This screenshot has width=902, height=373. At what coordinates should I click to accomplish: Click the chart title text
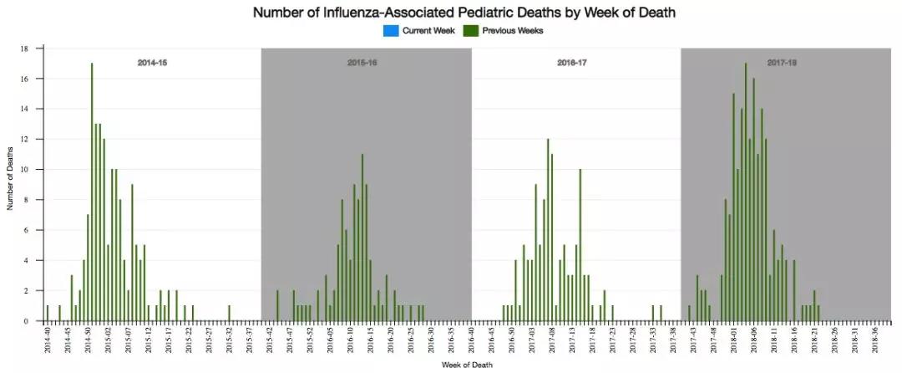pyautogui.click(x=464, y=13)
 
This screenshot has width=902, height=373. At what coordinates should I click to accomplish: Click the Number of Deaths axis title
pyautogui.click(x=11, y=184)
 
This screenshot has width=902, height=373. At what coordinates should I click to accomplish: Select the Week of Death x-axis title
pyautogui.click(x=467, y=364)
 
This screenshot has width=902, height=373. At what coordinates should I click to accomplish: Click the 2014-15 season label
pyautogui.click(x=152, y=63)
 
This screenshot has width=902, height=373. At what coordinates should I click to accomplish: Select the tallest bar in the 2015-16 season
pyautogui.click(x=362, y=237)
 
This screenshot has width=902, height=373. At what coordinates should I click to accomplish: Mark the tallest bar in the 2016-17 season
pyautogui.click(x=548, y=229)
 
